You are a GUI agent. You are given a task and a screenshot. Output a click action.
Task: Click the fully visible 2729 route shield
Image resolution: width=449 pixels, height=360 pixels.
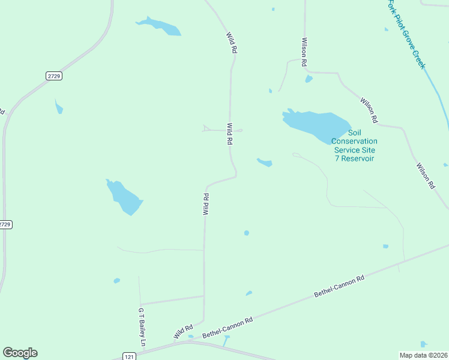[x=54, y=76]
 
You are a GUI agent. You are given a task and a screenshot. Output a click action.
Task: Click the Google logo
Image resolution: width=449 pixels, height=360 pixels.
[x=20, y=353]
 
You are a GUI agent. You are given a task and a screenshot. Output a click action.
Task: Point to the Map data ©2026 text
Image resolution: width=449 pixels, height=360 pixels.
[x=424, y=355]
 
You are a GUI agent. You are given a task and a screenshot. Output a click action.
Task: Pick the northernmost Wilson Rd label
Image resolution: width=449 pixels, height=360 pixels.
[x=305, y=52]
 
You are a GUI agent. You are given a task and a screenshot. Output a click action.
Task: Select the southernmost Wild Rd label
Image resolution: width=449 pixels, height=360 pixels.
[x=183, y=331]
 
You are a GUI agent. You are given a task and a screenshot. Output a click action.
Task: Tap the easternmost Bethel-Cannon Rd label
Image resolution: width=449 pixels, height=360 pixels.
[x=340, y=286]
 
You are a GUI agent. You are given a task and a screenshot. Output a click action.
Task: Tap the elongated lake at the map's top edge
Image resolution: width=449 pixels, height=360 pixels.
[x=159, y=26]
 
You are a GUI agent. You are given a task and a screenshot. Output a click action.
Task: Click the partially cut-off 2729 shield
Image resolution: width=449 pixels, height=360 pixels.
[x=5, y=224]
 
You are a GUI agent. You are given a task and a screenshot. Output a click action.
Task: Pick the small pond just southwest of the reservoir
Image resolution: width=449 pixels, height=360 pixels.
[x=265, y=162]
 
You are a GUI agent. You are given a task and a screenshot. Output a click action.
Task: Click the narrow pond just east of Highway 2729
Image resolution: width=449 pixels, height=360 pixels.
[x=59, y=107]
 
